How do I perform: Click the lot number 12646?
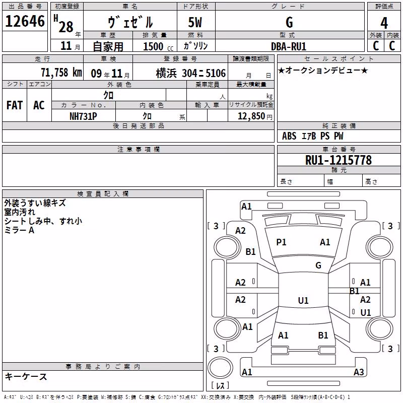25,21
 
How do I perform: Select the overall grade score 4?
384,23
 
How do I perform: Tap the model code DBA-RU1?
289,46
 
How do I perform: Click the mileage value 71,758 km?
61,73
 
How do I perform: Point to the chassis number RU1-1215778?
339,160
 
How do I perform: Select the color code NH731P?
83,116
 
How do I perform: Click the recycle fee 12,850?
251,116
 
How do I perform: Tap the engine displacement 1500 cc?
158,46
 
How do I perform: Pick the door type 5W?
195,22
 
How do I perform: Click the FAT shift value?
15,105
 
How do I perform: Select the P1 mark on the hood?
281,242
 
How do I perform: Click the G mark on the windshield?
318,265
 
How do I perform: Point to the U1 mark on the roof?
303,300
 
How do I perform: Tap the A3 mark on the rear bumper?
359,372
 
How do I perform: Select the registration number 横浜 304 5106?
191,73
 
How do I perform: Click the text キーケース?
26,376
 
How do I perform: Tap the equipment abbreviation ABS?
289,136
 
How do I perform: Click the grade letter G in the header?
289,22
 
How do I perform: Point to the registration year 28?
66,27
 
